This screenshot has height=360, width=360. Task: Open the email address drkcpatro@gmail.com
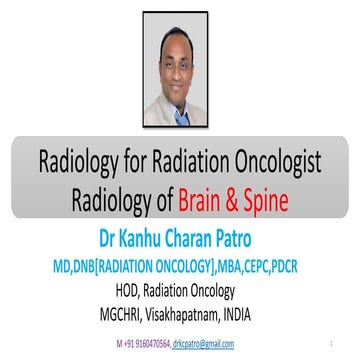tap(203, 343)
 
